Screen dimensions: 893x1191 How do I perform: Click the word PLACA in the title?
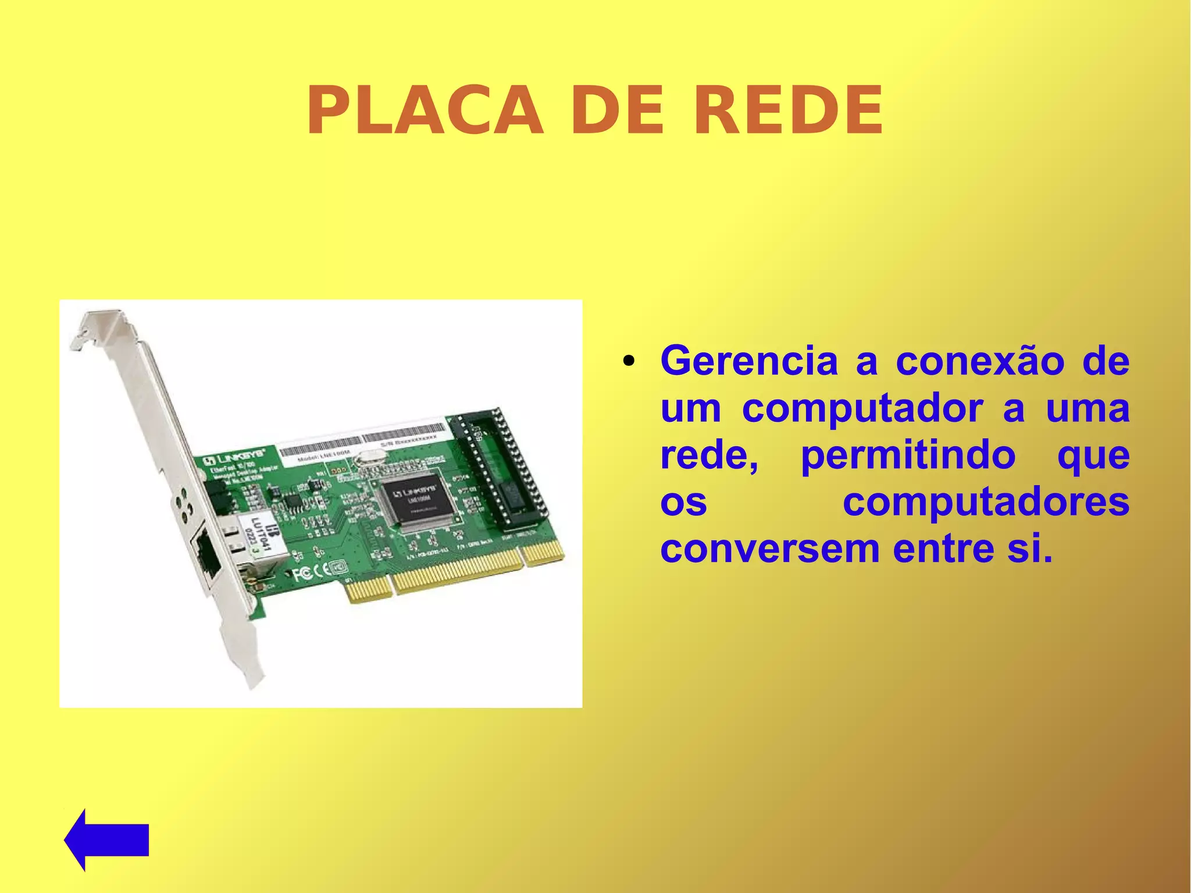[x=425, y=111]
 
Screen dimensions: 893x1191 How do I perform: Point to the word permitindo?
[x=908, y=455]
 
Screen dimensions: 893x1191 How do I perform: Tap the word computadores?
[x=986, y=501]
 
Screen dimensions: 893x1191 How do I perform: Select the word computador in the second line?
[x=863, y=408]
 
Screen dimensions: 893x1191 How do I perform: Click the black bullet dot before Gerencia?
[x=627, y=362]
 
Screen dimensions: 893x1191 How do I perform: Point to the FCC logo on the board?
[x=302, y=574]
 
